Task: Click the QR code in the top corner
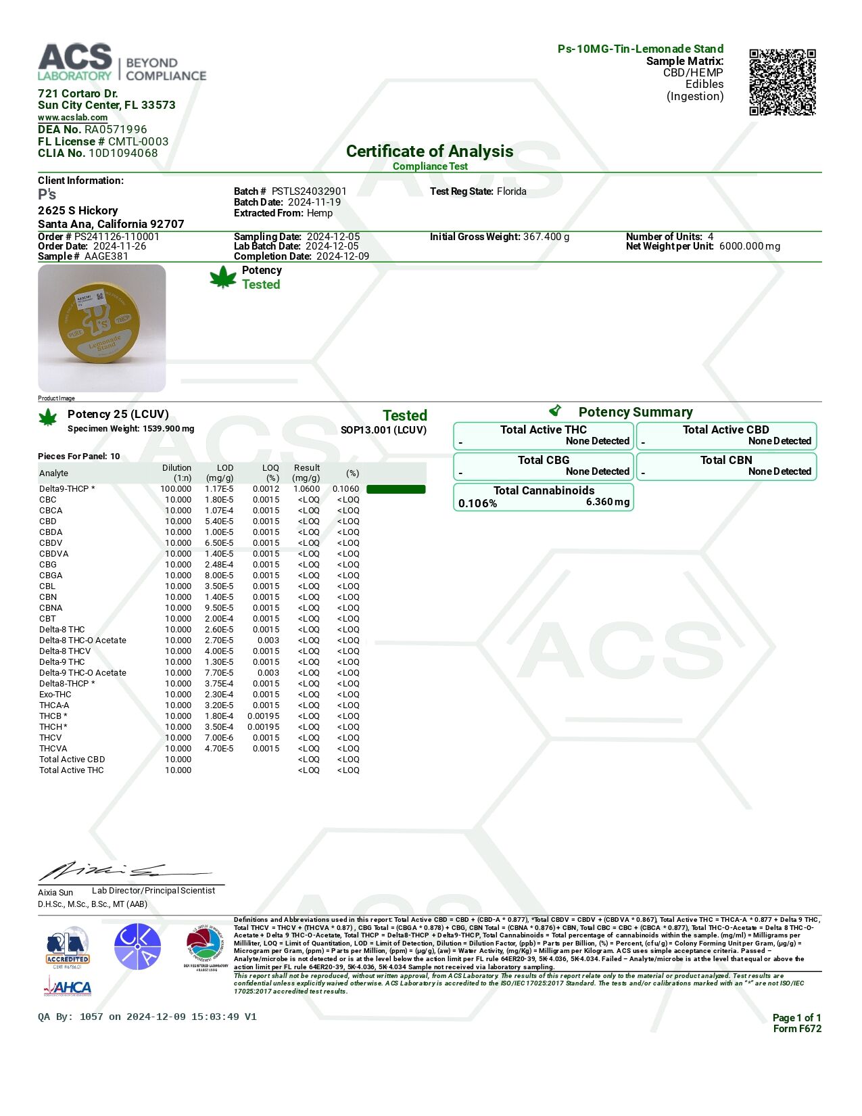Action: point(782,82)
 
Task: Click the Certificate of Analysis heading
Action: point(429,152)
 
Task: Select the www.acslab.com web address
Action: point(72,118)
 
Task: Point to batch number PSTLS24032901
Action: point(309,191)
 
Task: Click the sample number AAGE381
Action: point(106,256)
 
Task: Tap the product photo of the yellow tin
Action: point(101,328)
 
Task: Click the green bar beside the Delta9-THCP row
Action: point(396,489)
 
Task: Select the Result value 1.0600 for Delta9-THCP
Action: point(307,489)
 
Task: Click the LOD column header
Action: point(224,468)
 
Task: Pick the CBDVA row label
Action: point(53,554)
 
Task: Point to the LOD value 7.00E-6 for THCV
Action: point(219,738)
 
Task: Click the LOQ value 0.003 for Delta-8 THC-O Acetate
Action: point(268,641)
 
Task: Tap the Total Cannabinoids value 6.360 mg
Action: point(607,502)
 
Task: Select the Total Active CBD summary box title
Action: point(725,429)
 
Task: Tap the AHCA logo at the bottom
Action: point(68,987)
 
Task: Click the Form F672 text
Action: point(797,1029)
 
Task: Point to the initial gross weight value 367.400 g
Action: point(546,237)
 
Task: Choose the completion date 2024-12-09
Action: point(343,256)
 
